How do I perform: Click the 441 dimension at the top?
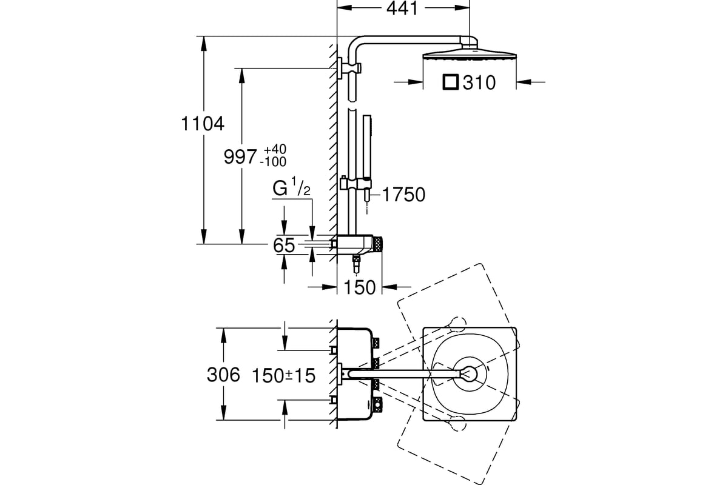point(402,8)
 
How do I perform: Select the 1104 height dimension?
point(203,124)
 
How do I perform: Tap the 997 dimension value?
point(240,157)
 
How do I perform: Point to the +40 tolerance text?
point(275,149)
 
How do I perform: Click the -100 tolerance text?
point(274,161)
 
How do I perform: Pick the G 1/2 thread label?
point(291,187)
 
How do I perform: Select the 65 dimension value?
point(284,246)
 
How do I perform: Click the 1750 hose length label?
point(403,195)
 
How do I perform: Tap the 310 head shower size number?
point(479,82)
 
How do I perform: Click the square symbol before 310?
point(450,82)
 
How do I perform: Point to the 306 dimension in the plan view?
point(223,375)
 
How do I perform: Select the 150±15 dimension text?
point(283,375)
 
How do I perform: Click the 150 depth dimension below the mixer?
point(359,287)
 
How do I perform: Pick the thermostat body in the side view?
point(356,244)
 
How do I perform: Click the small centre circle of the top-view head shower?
point(469,373)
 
